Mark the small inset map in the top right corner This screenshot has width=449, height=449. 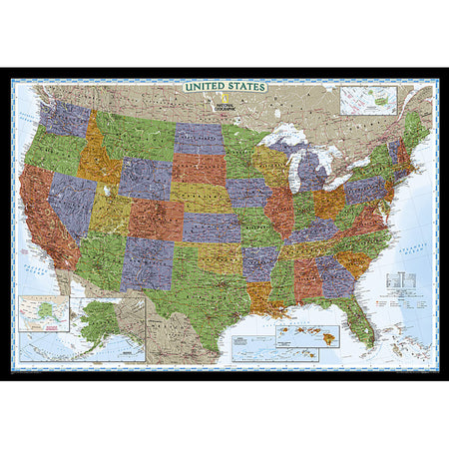[x=368, y=100]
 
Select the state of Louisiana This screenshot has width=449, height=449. [x=262, y=295]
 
